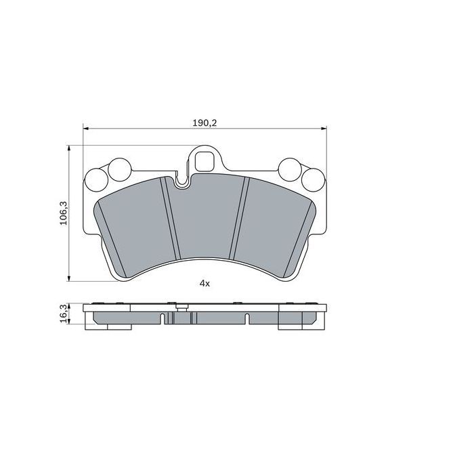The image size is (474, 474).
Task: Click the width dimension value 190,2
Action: (204, 123)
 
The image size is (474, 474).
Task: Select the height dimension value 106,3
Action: (64, 213)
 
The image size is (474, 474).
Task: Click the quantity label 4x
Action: (204, 284)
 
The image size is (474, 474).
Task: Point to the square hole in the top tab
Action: (204, 160)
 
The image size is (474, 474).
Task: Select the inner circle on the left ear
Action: (119, 168)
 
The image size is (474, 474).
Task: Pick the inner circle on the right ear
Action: (290, 168)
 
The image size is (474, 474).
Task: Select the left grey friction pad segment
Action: (135, 227)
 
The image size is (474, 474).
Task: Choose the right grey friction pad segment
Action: (274, 227)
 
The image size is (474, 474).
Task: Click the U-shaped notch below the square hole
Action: (181, 181)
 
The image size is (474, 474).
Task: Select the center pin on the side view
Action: (181, 308)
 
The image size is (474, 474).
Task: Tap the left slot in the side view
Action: (163, 318)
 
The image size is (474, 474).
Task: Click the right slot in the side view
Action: (246, 318)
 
